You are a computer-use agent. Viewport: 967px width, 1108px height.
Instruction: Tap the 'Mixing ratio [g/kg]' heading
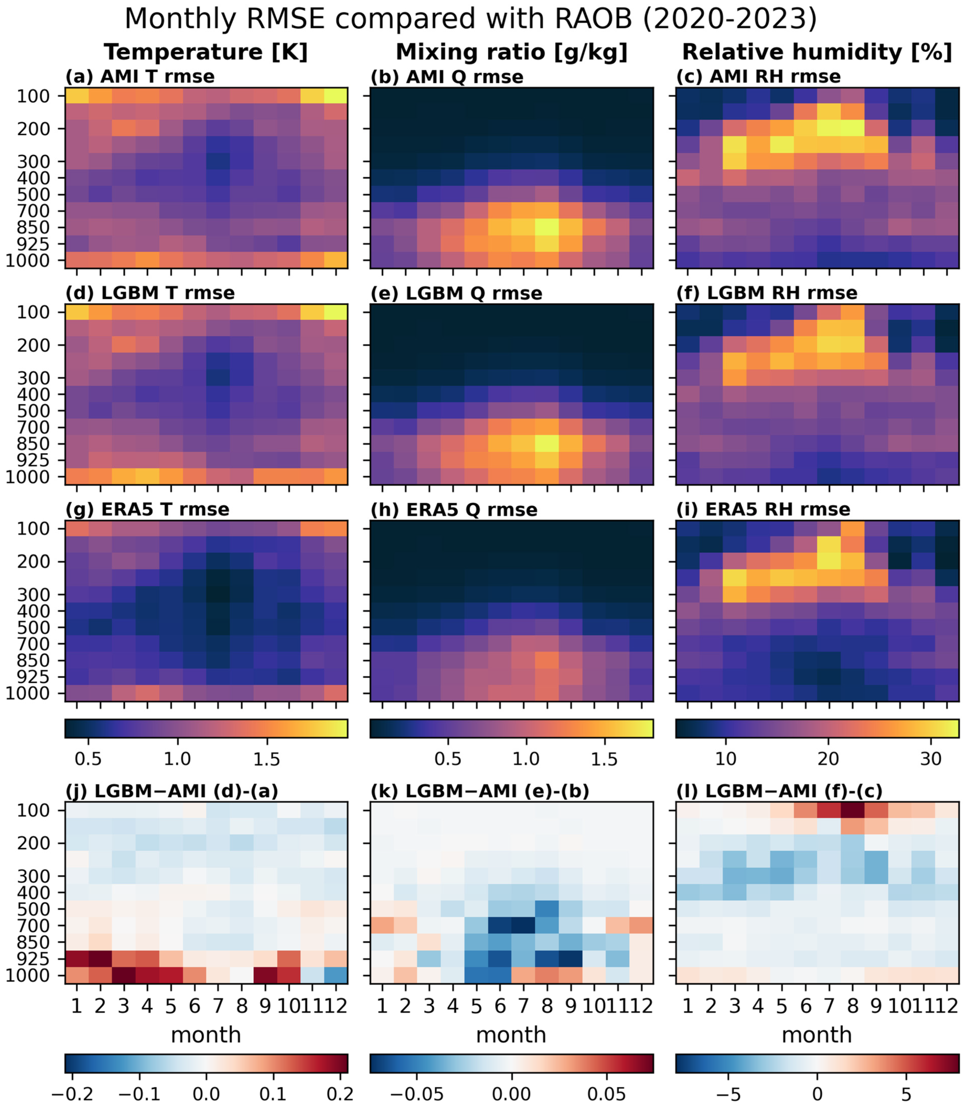pos(512,52)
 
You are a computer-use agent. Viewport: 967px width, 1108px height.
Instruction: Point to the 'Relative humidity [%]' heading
pos(817,52)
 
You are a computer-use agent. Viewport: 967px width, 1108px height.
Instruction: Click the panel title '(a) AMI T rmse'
pos(140,77)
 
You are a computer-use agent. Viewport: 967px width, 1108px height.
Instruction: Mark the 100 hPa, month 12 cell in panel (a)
pos(336,96)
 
